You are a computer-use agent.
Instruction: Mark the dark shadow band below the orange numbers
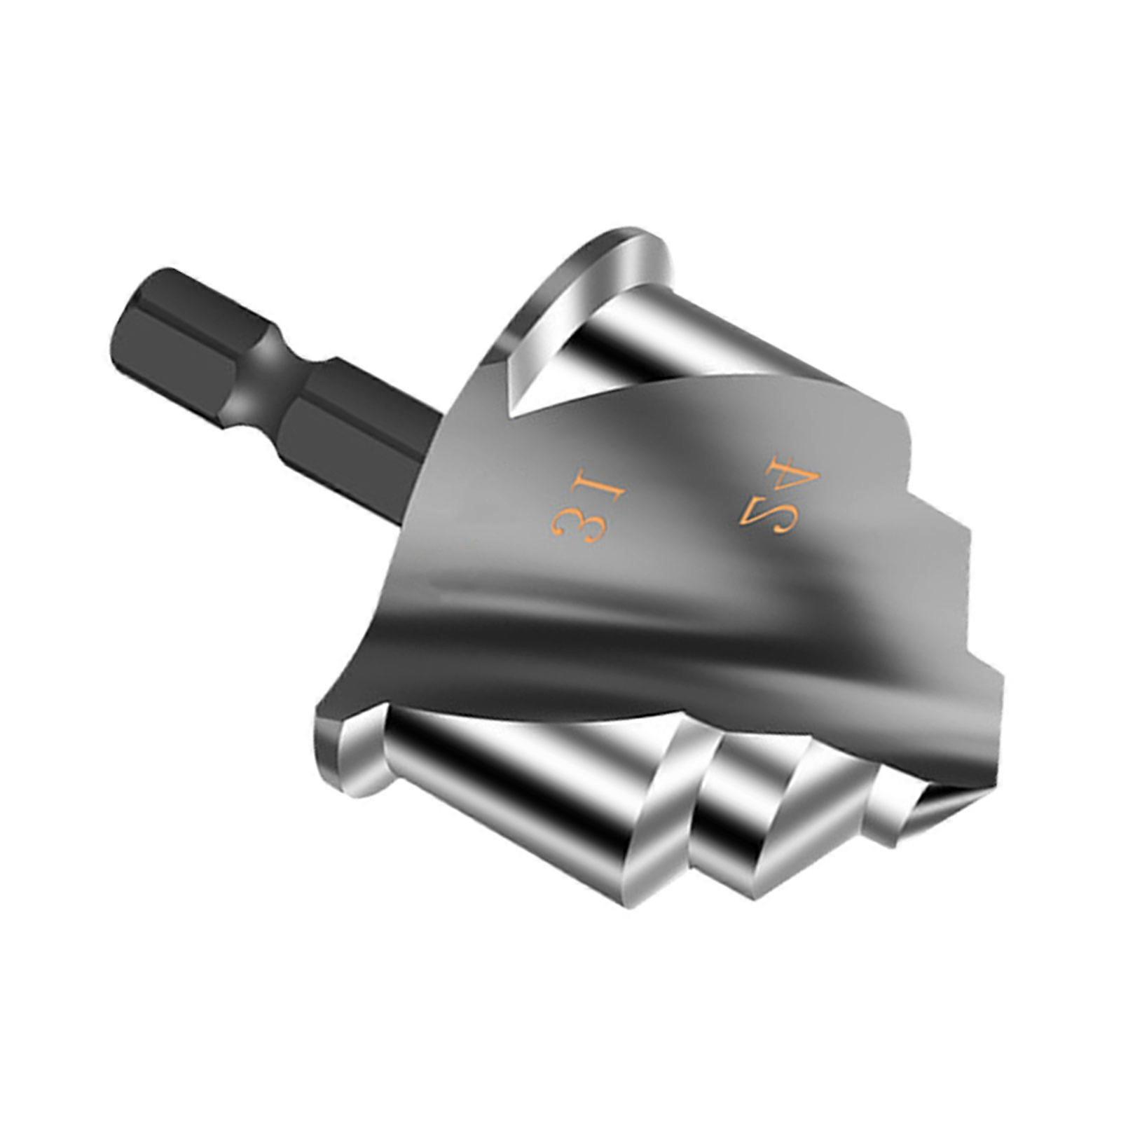pyautogui.click(x=631, y=617)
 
